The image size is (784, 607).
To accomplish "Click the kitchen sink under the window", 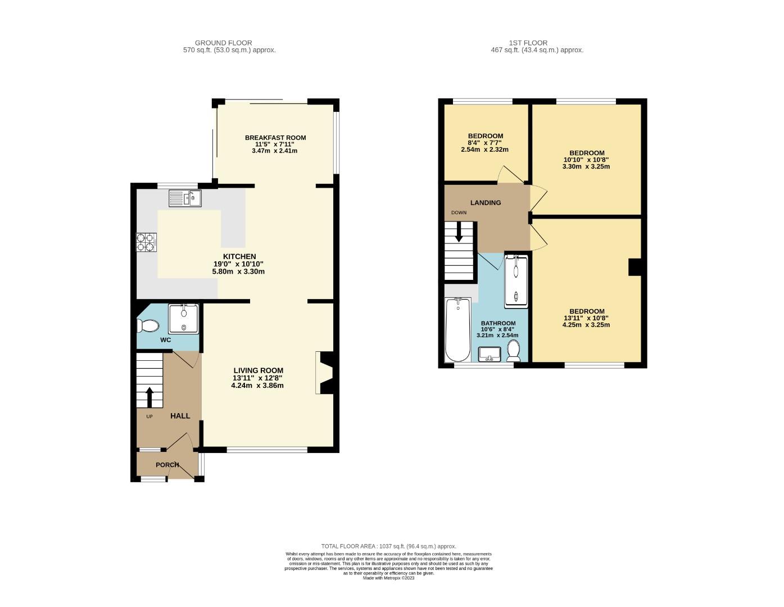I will click(185, 198).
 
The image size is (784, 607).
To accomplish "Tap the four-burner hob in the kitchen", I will click(146, 242).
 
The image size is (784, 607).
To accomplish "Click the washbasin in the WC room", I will click(183, 319).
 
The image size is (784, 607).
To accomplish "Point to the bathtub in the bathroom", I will click(457, 330).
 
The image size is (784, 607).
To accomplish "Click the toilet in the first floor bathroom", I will click(513, 351).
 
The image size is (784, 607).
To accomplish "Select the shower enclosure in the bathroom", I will click(516, 281).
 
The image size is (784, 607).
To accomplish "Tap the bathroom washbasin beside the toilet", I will click(490, 354).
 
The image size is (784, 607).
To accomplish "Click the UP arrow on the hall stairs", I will click(149, 397).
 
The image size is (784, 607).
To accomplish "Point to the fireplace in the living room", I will click(326, 373).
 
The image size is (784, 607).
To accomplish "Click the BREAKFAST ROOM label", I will click(275, 138).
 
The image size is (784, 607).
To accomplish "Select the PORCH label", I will click(167, 465).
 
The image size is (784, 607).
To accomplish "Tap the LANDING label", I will click(486, 203).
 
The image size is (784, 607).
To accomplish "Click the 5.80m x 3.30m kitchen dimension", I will click(238, 271).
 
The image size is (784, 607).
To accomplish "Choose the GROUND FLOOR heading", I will click(223, 43).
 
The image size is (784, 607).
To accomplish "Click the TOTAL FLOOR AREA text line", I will click(388, 546).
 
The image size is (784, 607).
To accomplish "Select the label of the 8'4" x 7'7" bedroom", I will click(486, 136).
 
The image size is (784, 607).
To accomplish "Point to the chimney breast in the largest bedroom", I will click(635, 267).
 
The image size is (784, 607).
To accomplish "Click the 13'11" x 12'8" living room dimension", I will click(259, 378).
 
